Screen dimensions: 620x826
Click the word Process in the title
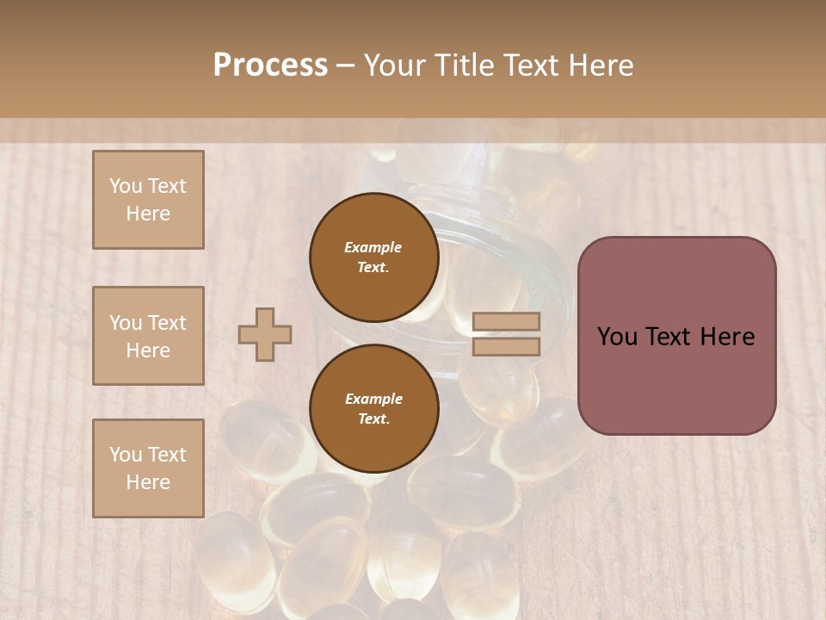pos(270,65)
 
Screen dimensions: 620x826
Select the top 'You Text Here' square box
pos(148,200)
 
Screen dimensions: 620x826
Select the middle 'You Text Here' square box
pos(148,336)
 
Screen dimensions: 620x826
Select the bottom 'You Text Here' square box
pos(148,468)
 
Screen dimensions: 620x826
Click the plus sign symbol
pos(265,334)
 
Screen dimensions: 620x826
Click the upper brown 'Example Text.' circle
pos(373,257)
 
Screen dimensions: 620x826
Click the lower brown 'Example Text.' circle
pos(373,409)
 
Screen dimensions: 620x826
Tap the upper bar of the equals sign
pos(506,321)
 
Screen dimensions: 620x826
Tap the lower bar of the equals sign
pos(506,346)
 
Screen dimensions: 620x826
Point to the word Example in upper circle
pos(373,247)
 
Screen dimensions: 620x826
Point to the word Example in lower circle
pos(373,399)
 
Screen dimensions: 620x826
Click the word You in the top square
pos(125,186)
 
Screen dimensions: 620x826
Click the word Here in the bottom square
pos(148,482)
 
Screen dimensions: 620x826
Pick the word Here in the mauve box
pos(727,337)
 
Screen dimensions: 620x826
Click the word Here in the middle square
pos(148,350)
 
